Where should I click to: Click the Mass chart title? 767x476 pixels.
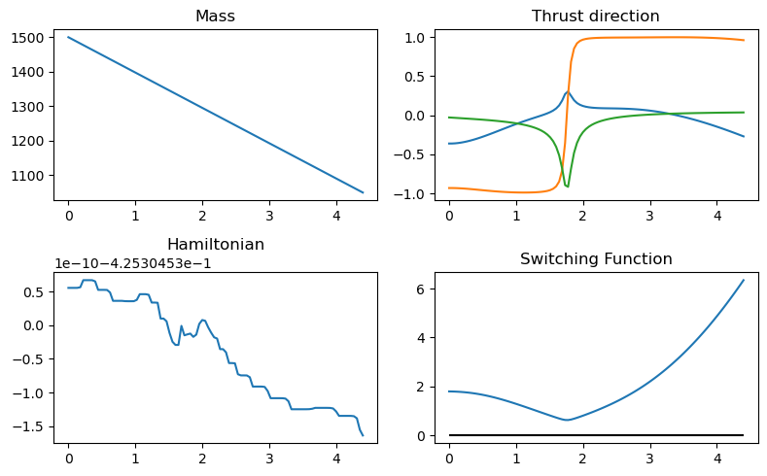215,17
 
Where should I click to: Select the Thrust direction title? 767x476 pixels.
596,17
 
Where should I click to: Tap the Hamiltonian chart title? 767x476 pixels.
215,244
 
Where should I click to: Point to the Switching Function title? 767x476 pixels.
596,259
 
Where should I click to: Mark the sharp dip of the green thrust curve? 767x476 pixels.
568,186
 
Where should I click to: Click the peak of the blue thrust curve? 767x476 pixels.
568,92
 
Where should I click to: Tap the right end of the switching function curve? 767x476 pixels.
744,280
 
